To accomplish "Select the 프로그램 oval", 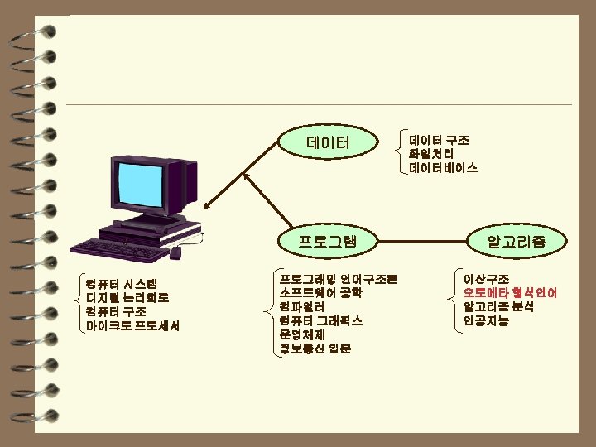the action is [328, 241].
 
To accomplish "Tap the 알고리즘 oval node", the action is [517, 241].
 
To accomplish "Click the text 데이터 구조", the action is [439, 140].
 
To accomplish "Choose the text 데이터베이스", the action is [443, 168].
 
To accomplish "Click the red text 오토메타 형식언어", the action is [510, 292].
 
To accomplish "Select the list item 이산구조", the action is [486, 279].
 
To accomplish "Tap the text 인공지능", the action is [486, 320].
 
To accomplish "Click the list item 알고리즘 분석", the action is [498, 306].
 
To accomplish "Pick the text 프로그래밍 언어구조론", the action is [338, 279].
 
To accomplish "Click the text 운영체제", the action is [301, 334].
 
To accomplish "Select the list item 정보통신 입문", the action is [315, 348].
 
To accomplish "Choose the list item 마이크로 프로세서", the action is [132, 325].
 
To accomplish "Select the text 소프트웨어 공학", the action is [320, 292].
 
